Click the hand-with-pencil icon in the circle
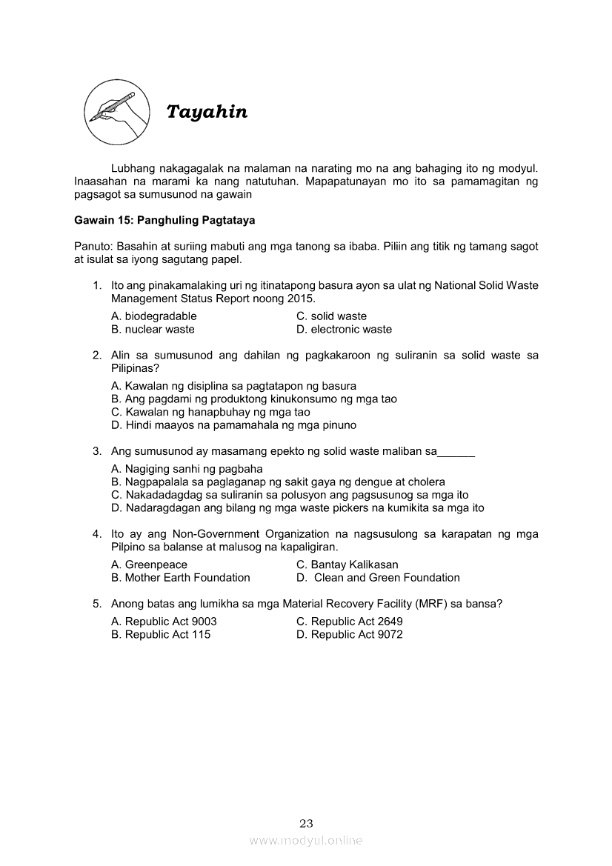pos(113,112)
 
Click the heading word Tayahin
pos(207,112)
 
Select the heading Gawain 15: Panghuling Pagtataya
pos(164,221)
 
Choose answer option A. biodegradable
pos(154,316)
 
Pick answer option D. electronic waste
pos(344,330)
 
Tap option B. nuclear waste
pos(153,330)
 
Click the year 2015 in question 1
pos(300,299)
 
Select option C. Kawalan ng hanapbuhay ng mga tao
pos(210,412)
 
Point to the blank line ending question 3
pos(456,451)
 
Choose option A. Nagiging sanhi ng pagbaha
pos(187,469)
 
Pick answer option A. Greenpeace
pos(149,564)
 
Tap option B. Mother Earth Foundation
pos(181,578)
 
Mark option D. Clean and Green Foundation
pos(378,578)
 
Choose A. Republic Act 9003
pos(164,622)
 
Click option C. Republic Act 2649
pos(349,622)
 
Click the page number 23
pos(306,823)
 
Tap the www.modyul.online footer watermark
pos(306,841)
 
